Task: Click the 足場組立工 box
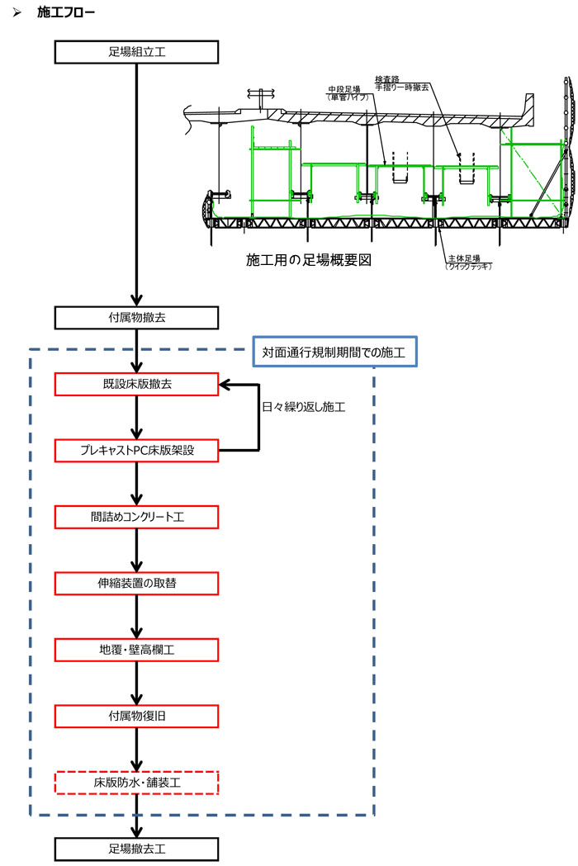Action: (x=137, y=52)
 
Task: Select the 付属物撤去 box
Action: (x=137, y=318)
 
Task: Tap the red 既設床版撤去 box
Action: (x=137, y=385)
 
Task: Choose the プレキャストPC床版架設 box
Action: (x=137, y=451)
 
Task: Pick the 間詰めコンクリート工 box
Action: (x=137, y=518)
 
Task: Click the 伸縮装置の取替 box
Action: (x=137, y=584)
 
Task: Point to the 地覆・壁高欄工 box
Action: (x=137, y=650)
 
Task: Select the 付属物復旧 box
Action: (x=137, y=716)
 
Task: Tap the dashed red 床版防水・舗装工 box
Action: (x=137, y=782)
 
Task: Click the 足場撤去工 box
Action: (x=137, y=848)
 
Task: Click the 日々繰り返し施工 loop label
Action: (x=303, y=408)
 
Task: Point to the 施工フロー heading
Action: (x=67, y=13)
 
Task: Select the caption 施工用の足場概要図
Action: (x=310, y=259)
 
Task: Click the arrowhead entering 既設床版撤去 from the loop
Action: (x=225, y=385)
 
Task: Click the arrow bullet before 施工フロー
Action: (x=17, y=13)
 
